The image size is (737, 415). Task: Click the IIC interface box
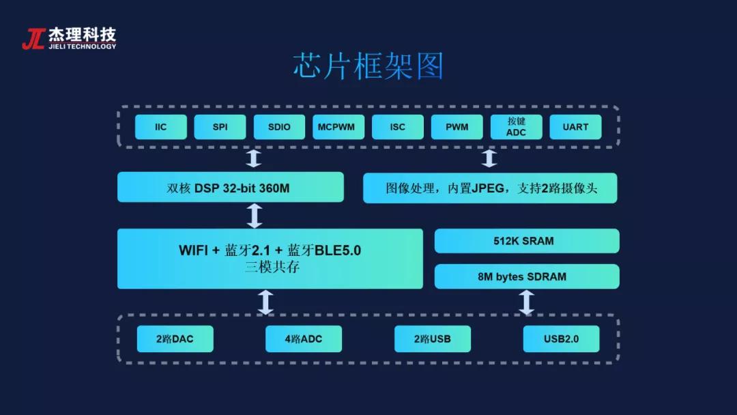tap(161, 127)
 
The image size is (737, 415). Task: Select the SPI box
tap(220, 127)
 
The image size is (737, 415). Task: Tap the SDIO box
tap(279, 127)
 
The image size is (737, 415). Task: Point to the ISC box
tap(398, 127)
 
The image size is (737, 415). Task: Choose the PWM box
tap(457, 127)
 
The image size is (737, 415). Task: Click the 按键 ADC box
tap(517, 127)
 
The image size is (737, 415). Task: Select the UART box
tap(575, 127)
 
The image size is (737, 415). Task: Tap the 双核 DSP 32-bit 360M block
tap(230, 188)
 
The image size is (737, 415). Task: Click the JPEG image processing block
tap(490, 188)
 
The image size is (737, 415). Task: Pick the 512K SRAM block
tap(527, 241)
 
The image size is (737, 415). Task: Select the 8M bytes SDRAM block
tap(527, 276)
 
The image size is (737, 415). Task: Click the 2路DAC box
tap(175, 339)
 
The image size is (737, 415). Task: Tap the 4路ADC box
tap(304, 339)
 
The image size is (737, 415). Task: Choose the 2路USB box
tap(432, 339)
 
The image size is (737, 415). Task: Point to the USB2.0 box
tap(561, 339)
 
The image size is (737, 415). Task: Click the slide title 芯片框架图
tap(369, 67)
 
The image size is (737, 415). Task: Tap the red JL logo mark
tap(33, 39)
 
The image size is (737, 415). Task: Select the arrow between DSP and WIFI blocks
tap(255, 215)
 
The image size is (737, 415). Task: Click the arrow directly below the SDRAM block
tap(526, 302)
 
